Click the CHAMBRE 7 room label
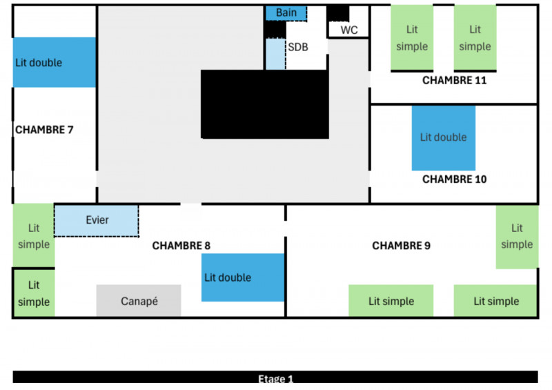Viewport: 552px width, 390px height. (x=44, y=129)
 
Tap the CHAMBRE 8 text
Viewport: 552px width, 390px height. (x=181, y=245)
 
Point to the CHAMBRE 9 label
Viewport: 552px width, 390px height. (x=401, y=245)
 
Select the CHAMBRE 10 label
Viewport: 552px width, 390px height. (x=454, y=179)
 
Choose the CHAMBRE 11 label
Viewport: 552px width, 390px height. (x=454, y=80)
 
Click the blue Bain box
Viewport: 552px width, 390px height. (x=286, y=12)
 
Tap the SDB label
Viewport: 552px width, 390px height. (x=298, y=47)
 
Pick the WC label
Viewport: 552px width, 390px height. (x=349, y=30)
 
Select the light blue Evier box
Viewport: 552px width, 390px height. (x=97, y=220)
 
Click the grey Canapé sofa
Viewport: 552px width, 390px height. (x=139, y=301)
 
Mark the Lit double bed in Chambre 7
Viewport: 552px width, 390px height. (x=54, y=62)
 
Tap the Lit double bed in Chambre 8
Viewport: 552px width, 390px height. (x=242, y=277)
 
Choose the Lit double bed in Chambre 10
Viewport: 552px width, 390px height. (x=444, y=137)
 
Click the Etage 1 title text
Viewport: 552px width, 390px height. (x=275, y=379)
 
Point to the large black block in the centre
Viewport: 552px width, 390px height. (x=264, y=104)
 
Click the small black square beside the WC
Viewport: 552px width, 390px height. (x=338, y=13)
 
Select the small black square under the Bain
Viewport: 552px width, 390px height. (x=275, y=30)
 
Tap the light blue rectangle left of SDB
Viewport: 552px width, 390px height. (x=275, y=54)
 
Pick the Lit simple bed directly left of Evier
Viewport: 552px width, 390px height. (x=33, y=235)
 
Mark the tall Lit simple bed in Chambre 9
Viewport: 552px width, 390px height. (x=516, y=236)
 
